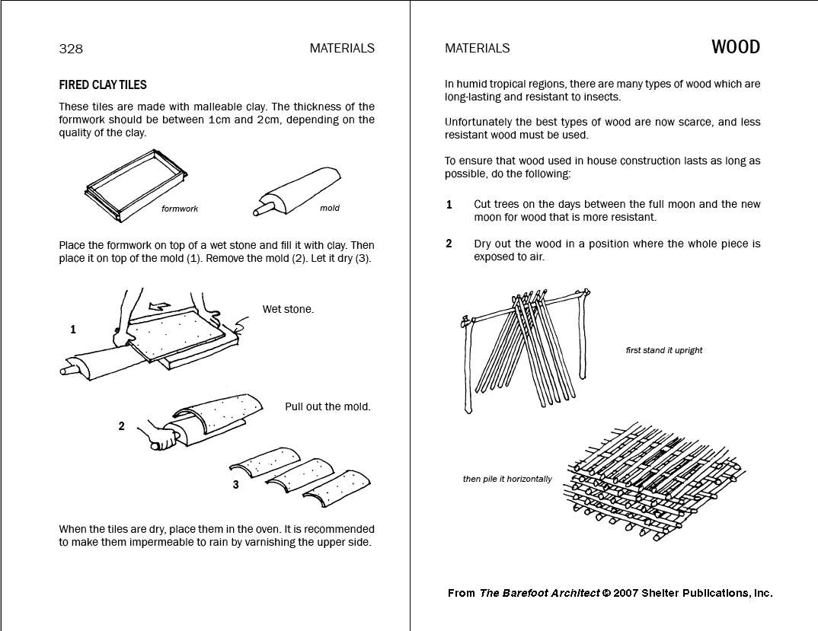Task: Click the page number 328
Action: pos(71,49)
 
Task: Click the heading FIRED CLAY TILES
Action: pos(103,85)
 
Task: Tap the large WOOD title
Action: pos(735,47)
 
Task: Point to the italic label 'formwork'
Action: pos(180,209)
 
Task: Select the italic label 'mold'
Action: pos(330,208)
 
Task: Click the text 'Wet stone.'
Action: pos(288,309)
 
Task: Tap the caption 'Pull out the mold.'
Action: pos(328,406)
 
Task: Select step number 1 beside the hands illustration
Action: pos(73,330)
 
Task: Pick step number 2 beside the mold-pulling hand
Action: pos(121,426)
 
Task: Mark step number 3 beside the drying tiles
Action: pos(235,484)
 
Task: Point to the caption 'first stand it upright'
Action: pos(663,350)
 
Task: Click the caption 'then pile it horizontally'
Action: pos(507,479)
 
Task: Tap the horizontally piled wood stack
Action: pos(651,480)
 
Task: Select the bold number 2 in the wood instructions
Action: pos(449,244)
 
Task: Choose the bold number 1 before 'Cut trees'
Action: pos(449,204)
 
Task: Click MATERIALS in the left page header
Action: pos(342,48)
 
